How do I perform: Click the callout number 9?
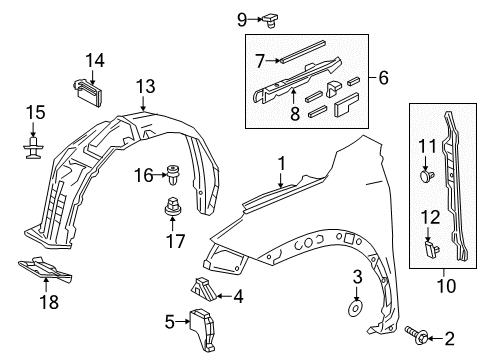[242, 20]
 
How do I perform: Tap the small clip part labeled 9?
[270, 20]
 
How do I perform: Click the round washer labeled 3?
[356, 308]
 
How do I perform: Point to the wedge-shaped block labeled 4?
[204, 288]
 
